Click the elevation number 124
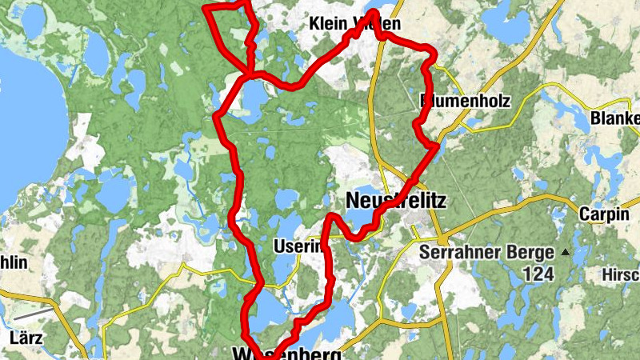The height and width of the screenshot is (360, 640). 538,274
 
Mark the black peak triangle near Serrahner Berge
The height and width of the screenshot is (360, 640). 566,253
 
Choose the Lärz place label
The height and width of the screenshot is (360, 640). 26,338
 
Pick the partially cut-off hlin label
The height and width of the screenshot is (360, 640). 14,262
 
